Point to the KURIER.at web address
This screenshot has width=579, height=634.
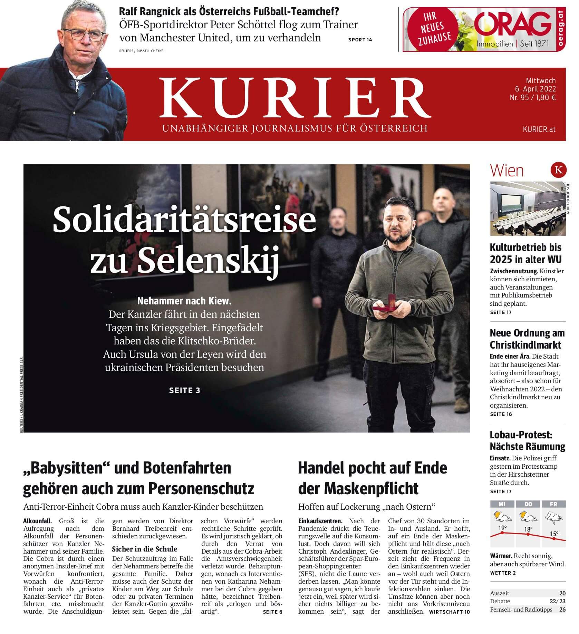tap(539, 129)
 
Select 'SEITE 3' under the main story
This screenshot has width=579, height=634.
tap(185, 390)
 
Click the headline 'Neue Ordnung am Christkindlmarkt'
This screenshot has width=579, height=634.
tap(527, 339)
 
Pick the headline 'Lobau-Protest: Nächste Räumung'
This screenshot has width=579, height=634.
tap(527, 440)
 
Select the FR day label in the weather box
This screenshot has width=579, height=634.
tap(553, 504)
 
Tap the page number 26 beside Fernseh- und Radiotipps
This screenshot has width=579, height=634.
tap(562, 619)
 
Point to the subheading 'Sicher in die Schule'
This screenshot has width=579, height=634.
tap(145, 549)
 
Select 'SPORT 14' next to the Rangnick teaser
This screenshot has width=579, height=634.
tap(360, 40)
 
